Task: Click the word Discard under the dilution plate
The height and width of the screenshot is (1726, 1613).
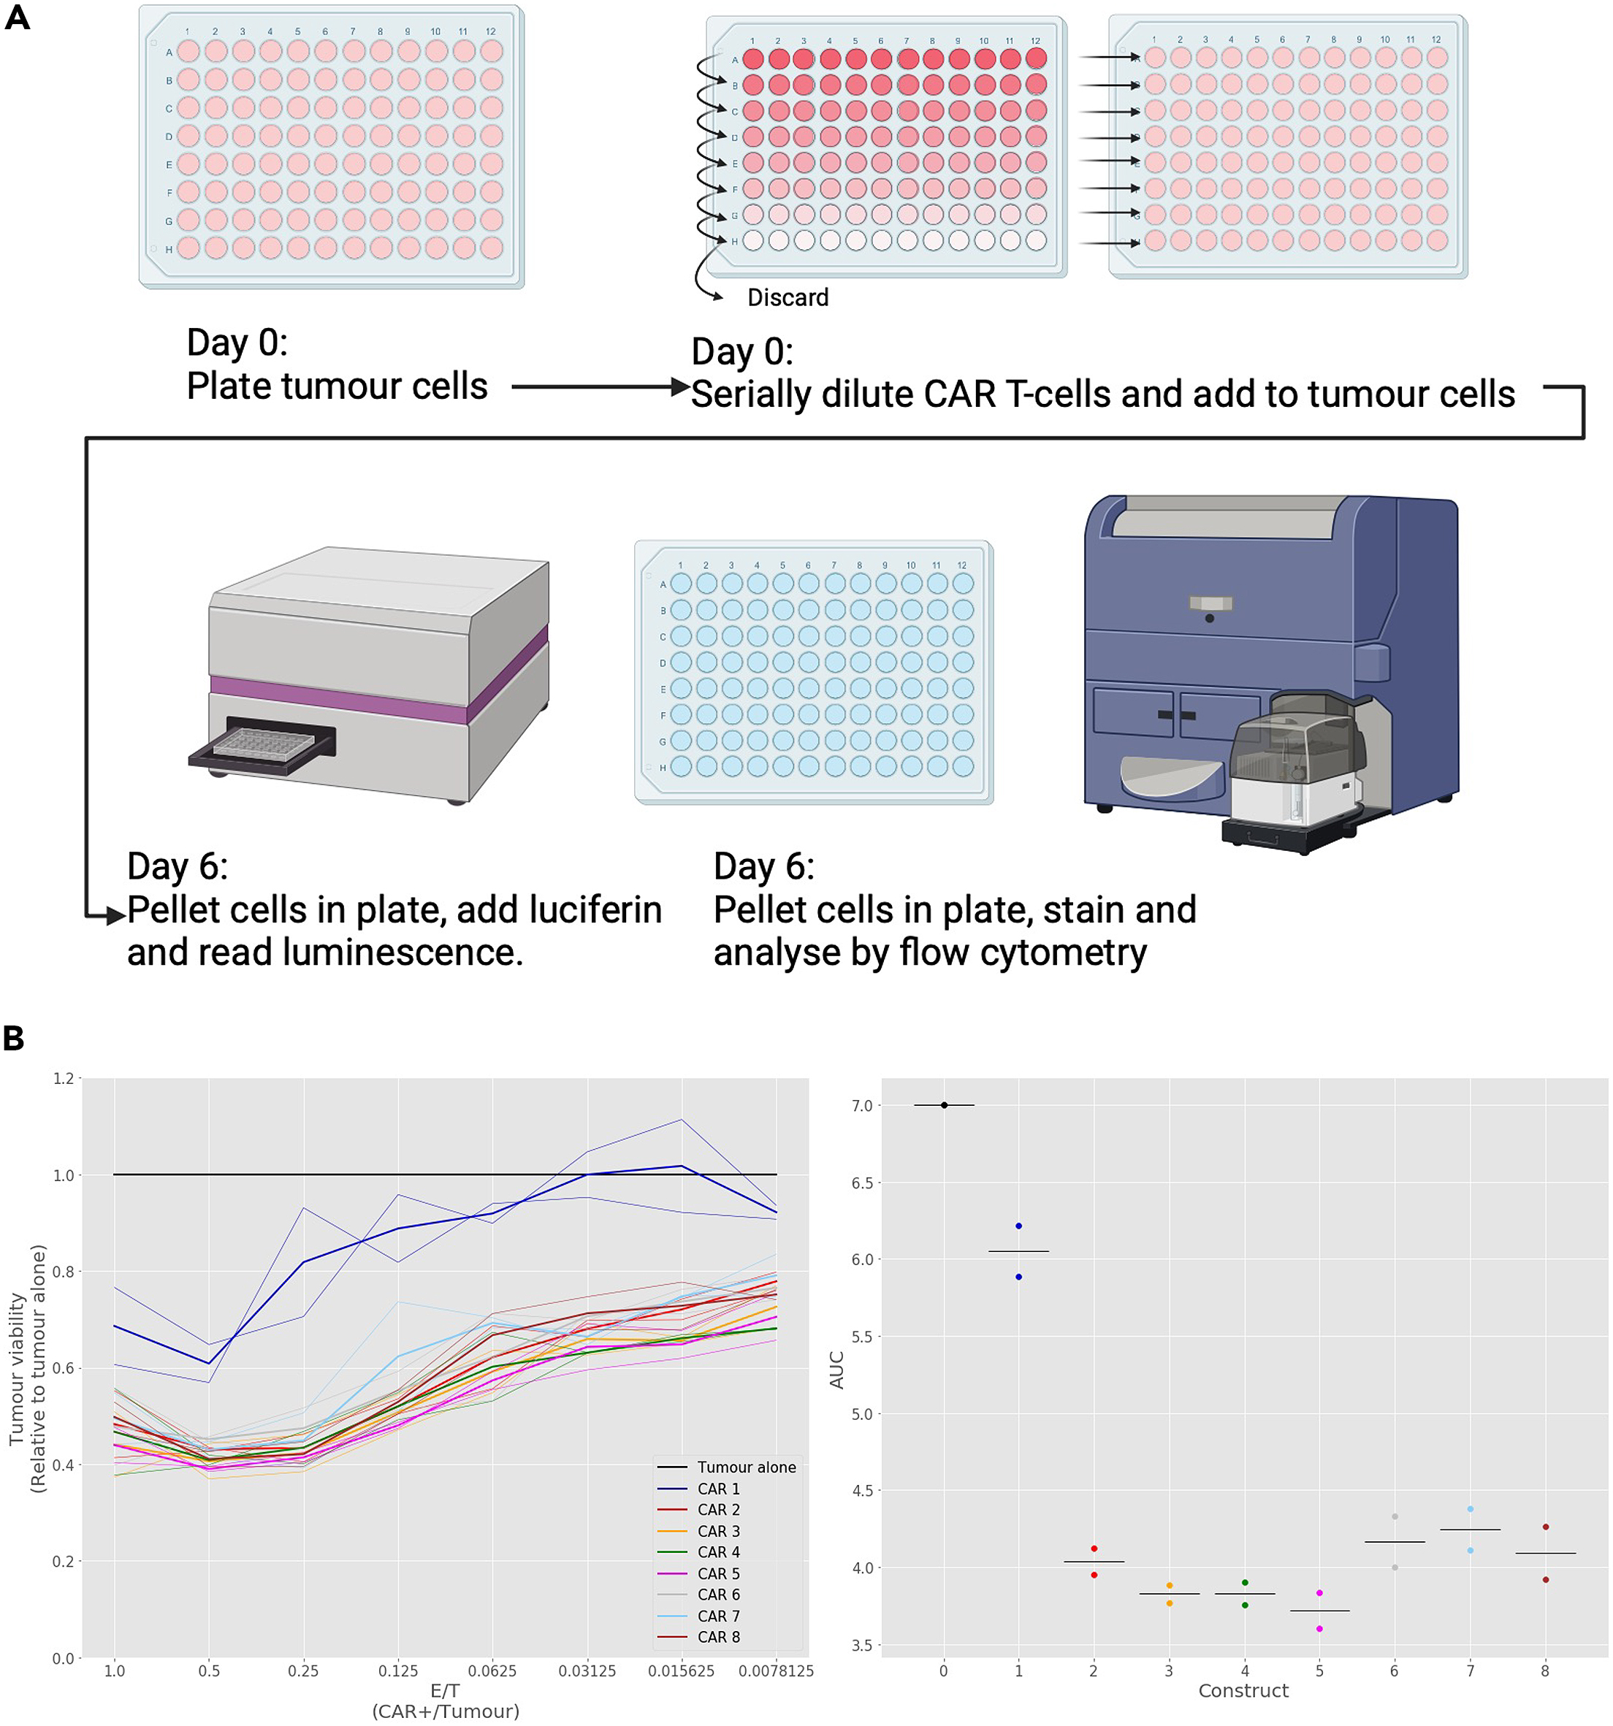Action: point(788,298)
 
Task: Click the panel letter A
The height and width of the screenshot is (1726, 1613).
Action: point(18,18)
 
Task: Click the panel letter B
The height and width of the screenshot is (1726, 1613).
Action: point(14,1037)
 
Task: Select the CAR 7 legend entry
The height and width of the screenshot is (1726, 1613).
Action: point(718,1616)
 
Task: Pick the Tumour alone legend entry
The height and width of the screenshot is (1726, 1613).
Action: point(746,1467)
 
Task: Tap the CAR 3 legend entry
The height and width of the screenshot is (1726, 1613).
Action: point(718,1532)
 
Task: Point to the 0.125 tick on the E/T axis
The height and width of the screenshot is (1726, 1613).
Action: point(397,1671)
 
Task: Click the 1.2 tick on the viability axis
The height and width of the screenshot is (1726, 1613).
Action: point(64,1078)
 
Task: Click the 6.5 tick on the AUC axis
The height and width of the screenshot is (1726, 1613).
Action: point(861,1183)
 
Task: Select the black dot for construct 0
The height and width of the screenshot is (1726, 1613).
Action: point(944,1105)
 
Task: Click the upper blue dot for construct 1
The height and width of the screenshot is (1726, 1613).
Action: point(1018,1226)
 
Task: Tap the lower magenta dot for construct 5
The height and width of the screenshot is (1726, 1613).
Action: point(1319,1629)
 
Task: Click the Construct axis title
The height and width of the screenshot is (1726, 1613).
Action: point(1243,1690)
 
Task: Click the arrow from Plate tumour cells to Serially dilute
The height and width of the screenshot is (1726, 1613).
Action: point(599,387)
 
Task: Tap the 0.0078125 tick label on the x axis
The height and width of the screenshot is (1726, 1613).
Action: point(775,1671)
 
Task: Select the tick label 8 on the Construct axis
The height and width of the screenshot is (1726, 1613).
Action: point(1544,1670)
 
